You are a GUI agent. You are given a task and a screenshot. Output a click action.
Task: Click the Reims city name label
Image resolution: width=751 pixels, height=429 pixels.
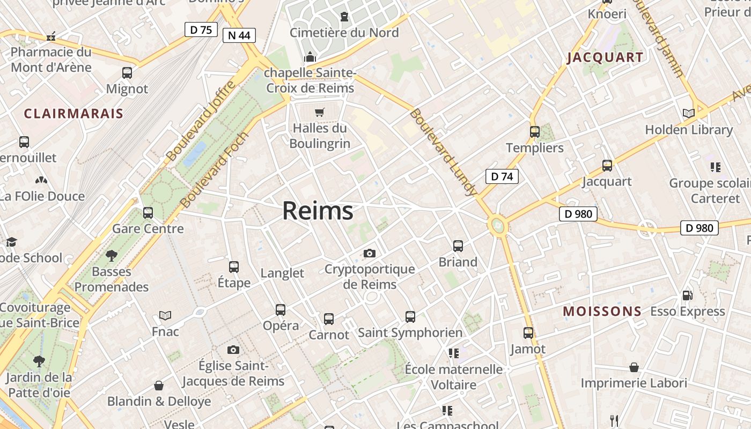[x=318, y=211]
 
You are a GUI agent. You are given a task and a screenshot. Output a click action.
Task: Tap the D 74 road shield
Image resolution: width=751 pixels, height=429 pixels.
[x=502, y=176]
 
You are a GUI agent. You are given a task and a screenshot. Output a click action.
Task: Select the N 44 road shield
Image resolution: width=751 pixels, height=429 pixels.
[x=239, y=35]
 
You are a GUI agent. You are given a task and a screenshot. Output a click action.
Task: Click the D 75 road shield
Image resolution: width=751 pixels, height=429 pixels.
[x=201, y=29]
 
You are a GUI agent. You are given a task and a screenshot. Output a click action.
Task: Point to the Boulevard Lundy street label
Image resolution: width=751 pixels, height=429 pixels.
[x=443, y=152]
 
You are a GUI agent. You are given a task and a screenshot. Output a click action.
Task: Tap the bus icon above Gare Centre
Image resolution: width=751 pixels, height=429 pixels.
[x=148, y=213]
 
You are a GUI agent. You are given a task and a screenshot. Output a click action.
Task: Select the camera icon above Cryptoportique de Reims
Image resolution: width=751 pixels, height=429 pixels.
[x=370, y=253]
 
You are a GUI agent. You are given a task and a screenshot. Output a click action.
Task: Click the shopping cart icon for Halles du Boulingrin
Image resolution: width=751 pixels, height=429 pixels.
[x=320, y=112]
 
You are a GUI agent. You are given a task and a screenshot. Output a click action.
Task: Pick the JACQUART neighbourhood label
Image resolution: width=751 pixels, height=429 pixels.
[x=605, y=57]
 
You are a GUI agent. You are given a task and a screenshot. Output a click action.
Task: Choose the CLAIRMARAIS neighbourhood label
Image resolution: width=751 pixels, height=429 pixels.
[x=73, y=114]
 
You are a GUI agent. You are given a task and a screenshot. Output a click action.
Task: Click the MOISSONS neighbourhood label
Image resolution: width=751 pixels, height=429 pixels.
[x=602, y=311]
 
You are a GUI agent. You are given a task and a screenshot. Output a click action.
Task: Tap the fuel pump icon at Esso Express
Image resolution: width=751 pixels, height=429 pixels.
[x=687, y=295]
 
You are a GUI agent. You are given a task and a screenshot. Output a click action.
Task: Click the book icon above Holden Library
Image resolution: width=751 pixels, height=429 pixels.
[x=689, y=113]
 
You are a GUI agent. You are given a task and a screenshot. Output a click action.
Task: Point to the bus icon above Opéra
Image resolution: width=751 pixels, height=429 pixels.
[x=281, y=309]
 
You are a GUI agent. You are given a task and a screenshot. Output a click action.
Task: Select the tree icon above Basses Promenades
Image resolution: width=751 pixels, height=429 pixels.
[x=112, y=255]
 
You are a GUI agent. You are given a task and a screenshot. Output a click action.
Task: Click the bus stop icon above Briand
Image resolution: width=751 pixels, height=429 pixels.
[x=458, y=246]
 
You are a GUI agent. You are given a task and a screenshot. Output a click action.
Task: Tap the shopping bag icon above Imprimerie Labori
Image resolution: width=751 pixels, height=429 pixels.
[x=634, y=367]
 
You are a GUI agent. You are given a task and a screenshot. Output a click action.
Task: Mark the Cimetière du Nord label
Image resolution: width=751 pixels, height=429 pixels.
[x=344, y=33]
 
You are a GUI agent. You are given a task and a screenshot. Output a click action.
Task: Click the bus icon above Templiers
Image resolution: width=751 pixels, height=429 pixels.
[x=535, y=132]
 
